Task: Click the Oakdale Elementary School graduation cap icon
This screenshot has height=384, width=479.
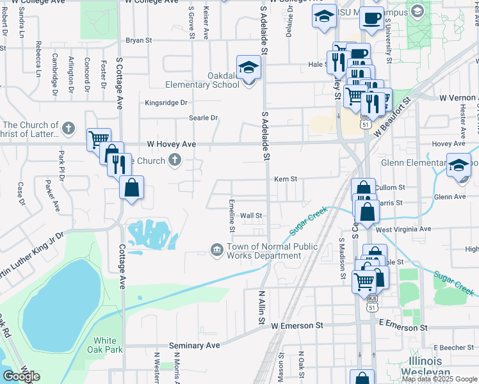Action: pyautogui.click(x=248, y=67)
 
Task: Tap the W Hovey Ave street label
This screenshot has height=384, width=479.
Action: pyautogui.click(x=171, y=145)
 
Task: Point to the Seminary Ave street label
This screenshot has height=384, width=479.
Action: pyautogui.click(x=194, y=346)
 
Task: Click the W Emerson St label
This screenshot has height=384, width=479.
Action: pyautogui.click(x=296, y=326)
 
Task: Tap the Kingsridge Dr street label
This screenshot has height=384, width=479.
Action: pyautogui.click(x=166, y=102)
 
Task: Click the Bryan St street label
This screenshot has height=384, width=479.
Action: pyautogui.click(x=138, y=40)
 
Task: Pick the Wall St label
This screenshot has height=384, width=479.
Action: pyautogui.click(x=252, y=216)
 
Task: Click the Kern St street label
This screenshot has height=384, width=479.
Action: pyautogui.click(x=286, y=179)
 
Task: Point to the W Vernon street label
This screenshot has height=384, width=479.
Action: pyautogui.click(x=455, y=98)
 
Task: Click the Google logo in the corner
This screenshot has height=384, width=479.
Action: pyautogui.click(x=21, y=376)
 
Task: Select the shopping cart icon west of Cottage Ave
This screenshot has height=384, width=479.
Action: pyautogui.click(x=98, y=138)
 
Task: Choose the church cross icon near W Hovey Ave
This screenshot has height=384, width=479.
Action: pyautogui.click(x=175, y=161)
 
